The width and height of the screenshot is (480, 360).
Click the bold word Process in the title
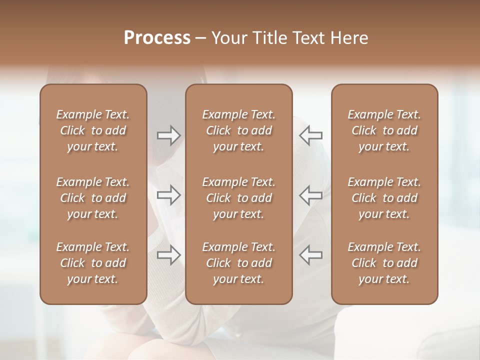click(157, 38)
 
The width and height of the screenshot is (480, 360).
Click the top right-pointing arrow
click(168, 135)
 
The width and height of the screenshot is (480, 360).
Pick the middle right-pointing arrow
click(168, 195)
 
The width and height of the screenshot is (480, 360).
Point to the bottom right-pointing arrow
click(168, 254)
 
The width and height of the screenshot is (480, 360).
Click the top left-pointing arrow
click(311, 135)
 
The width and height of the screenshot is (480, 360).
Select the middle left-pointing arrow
click(311, 195)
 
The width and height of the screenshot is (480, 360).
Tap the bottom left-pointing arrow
click(311, 254)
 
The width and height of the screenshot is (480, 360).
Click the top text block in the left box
click(93, 130)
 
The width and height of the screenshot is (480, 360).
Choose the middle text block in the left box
click(93, 198)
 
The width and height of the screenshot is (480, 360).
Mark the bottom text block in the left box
click(93, 263)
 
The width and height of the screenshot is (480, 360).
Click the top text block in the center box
click(238, 130)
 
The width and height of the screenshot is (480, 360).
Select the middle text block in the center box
click(238, 198)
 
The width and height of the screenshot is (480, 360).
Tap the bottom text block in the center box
click(238, 263)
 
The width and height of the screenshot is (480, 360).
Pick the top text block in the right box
click(384, 130)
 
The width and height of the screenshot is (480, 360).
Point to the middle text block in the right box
click(384, 198)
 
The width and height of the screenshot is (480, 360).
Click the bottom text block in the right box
click(384, 263)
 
